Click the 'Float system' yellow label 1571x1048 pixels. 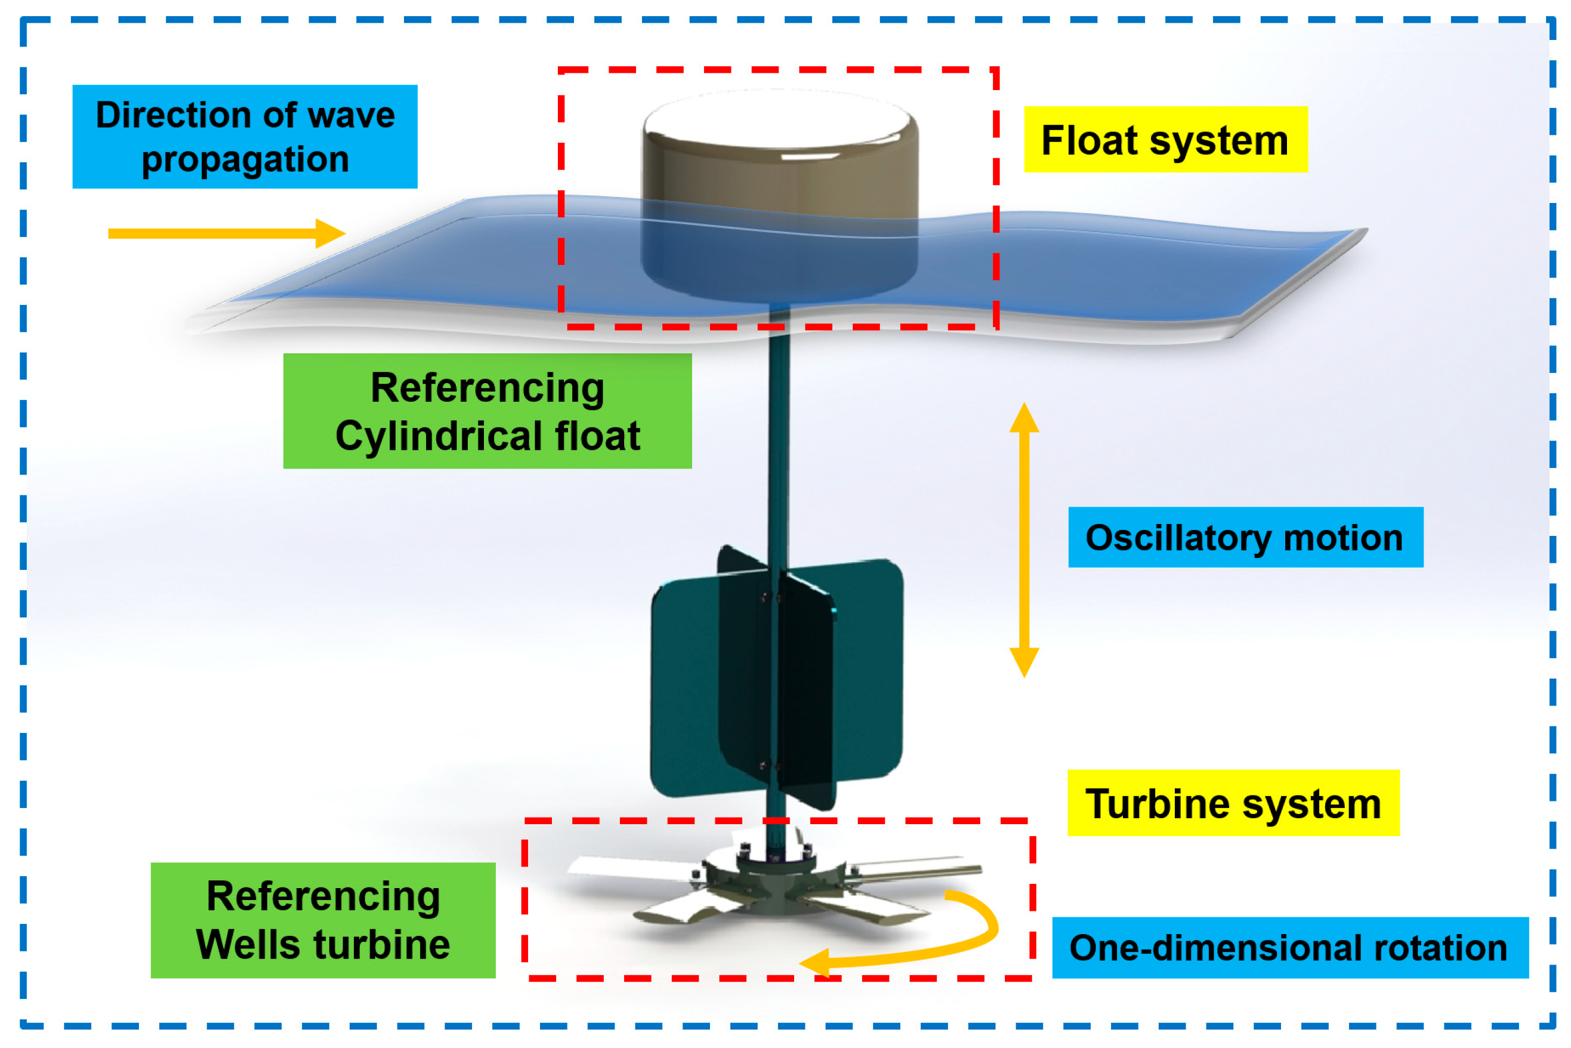tap(1165, 139)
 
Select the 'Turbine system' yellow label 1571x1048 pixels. tap(1233, 803)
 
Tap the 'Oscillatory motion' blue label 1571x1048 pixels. tap(1245, 537)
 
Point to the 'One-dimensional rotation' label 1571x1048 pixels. tap(1290, 947)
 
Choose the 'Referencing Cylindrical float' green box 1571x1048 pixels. tap(487, 411)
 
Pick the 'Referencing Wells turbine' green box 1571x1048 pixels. tap(323, 920)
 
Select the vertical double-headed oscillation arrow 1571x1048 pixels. tap(1024, 540)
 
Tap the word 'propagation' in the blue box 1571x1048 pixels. tap(245, 160)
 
